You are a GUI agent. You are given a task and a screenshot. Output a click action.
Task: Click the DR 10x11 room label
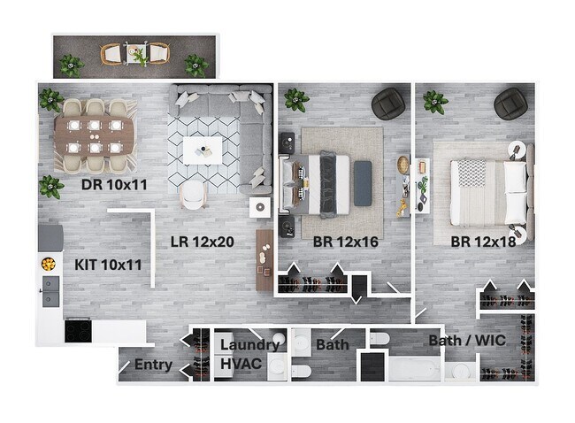tap(114, 185)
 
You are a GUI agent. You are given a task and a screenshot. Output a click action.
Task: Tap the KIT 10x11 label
tap(108, 265)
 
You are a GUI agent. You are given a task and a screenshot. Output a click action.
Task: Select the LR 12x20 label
tap(202, 242)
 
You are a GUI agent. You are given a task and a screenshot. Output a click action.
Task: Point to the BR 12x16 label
tap(345, 242)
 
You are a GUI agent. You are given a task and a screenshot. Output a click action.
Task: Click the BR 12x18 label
tap(483, 242)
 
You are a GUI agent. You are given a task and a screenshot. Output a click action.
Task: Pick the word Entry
tap(153, 365)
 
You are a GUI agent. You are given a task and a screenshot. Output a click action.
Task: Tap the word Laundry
tap(249, 345)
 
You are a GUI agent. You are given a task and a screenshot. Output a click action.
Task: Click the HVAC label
tap(241, 364)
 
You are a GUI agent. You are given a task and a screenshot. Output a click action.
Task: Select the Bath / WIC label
tap(467, 341)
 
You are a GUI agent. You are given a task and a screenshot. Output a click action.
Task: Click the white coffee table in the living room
tap(203, 150)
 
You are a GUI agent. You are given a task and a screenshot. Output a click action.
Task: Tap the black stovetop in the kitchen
tap(78, 331)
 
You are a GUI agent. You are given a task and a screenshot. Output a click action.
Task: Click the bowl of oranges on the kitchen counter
tap(49, 264)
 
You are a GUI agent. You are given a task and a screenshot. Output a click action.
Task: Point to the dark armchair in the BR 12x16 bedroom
tap(388, 104)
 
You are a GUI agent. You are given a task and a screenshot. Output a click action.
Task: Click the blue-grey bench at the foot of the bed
tap(363, 183)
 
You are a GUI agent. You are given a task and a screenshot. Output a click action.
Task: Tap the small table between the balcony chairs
tap(135, 54)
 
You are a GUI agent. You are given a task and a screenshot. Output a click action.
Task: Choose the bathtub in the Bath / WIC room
tap(414, 368)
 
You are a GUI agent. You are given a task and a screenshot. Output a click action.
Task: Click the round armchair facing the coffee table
tap(193, 196)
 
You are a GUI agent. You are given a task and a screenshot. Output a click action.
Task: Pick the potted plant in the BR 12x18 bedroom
tap(435, 102)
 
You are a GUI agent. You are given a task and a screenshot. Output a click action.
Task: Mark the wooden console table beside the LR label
tap(264, 260)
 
